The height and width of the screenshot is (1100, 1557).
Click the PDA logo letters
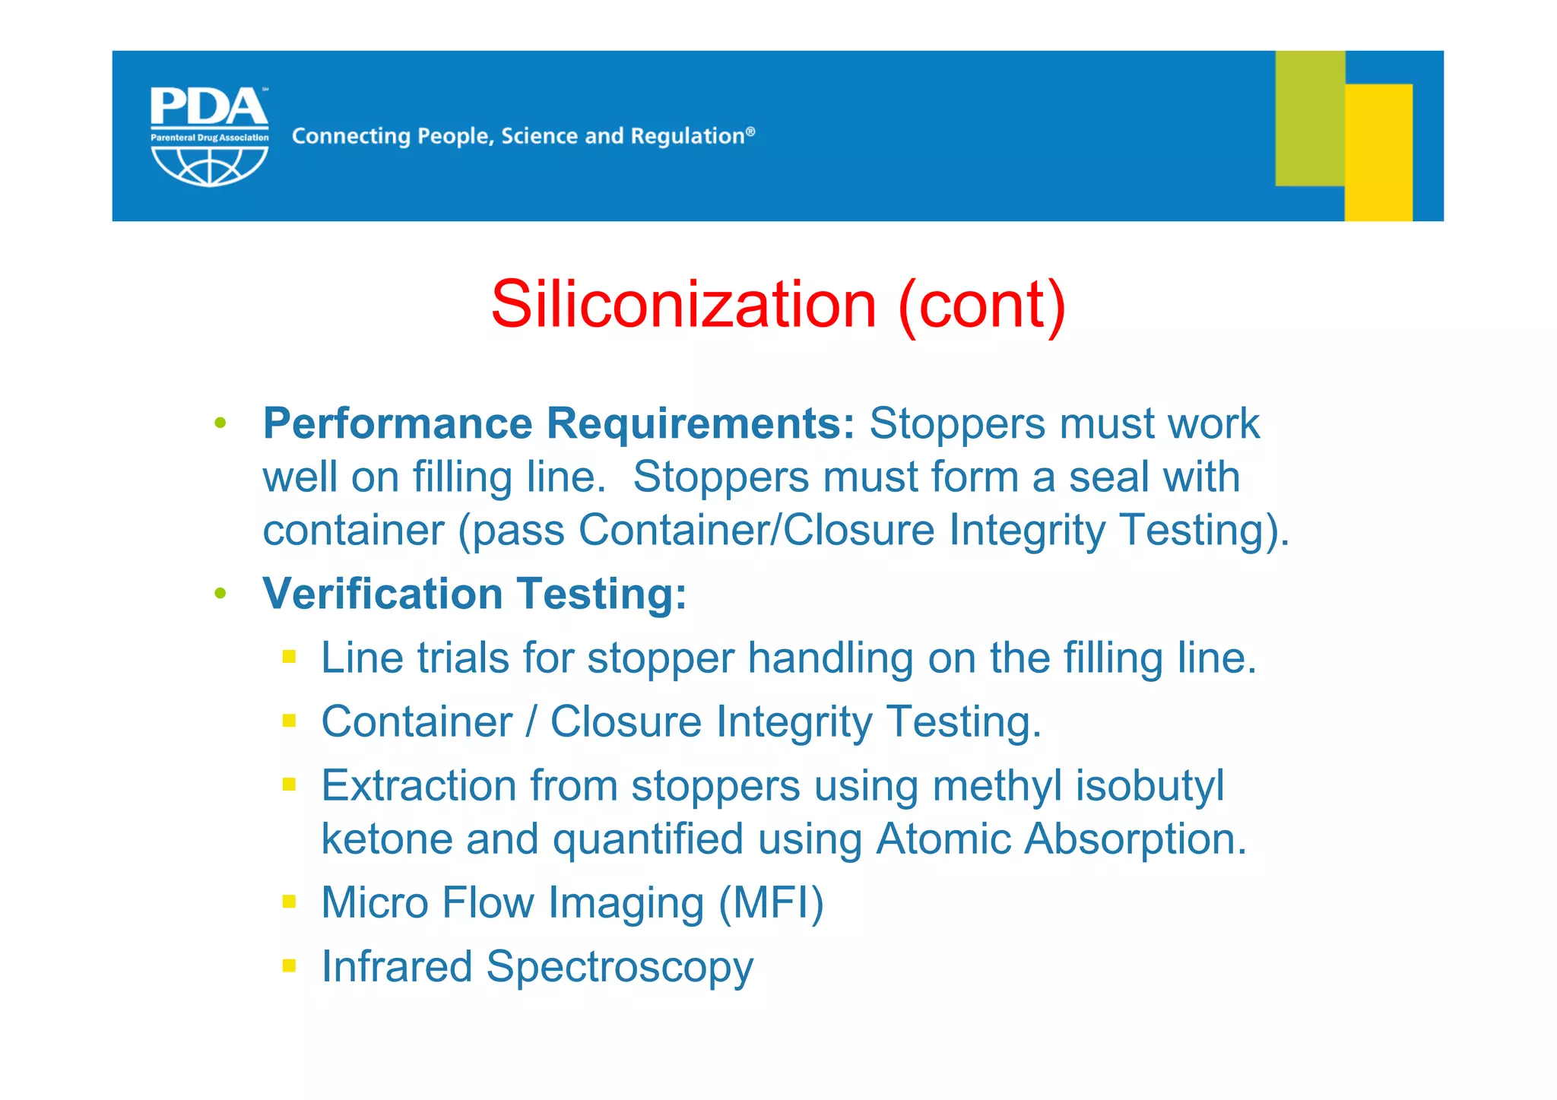[x=209, y=107]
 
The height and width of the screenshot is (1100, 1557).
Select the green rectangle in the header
[x=1309, y=118]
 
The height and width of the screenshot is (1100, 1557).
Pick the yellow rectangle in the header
[x=1378, y=152]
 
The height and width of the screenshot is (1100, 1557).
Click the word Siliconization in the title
[x=683, y=304]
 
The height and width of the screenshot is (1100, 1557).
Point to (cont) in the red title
[x=981, y=304]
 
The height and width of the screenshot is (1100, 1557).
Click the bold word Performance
[x=398, y=423]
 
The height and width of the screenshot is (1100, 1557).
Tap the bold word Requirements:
[x=701, y=423]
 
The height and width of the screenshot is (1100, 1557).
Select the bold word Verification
[x=382, y=594]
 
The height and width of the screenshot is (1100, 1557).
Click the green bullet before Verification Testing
[x=220, y=593]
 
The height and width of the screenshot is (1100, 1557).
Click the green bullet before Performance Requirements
[x=220, y=423]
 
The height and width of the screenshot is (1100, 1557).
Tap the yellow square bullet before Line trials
[x=289, y=657]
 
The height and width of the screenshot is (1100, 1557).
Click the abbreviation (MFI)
[x=771, y=903]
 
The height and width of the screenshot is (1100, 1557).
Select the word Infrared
[x=397, y=967]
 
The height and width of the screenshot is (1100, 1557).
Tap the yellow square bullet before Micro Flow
[x=289, y=902]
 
